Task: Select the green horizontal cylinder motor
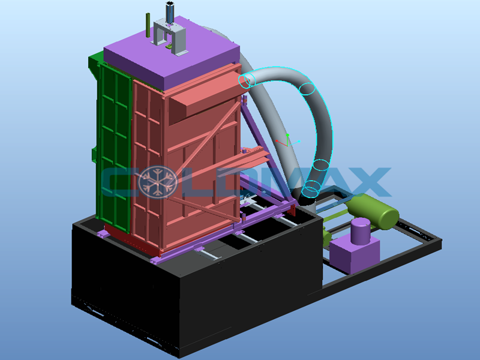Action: pyautogui.click(x=373, y=211)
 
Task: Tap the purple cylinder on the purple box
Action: pyautogui.click(x=361, y=231)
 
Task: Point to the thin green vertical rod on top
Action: pyautogui.click(x=148, y=25)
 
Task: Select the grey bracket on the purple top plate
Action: pyautogui.click(x=169, y=36)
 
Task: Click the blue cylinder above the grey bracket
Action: pyautogui.click(x=170, y=12)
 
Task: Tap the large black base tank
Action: pyautogui.click(x=196, y=284)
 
